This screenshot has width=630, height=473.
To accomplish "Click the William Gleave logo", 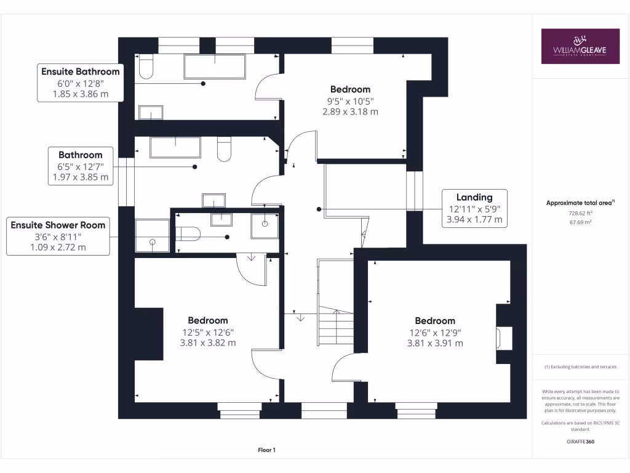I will (x=580, y=46).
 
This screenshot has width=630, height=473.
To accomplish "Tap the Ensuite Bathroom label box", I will (x=80, y=83).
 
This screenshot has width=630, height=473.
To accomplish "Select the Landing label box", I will (x=474, y=208).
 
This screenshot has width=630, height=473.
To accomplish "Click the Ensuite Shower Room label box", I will (x=58, y=236).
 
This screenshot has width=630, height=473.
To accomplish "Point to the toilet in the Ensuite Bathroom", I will (x=146, y=67).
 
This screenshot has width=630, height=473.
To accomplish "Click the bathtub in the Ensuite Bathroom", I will (x=214, y=67).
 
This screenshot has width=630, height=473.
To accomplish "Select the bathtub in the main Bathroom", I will (x=175, y=148).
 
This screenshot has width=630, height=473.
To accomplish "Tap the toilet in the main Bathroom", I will (x=224, y=149).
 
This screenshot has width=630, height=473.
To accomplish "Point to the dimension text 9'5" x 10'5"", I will (x=350, y=101).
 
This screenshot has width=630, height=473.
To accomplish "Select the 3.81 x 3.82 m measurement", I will (x=208, y=343).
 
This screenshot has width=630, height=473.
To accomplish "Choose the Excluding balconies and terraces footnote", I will (x=580, y=367).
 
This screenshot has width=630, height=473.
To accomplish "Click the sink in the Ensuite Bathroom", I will (x=151, y=112).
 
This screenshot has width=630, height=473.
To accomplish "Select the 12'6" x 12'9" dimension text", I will (x=435, y=333).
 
